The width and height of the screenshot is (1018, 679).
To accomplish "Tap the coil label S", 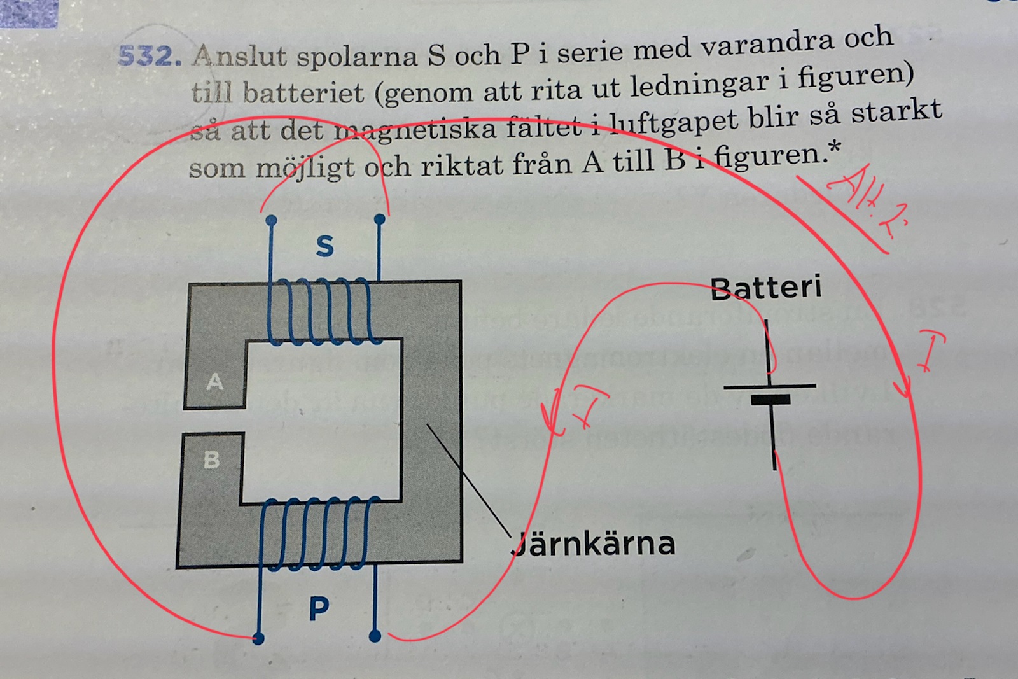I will pyautogui.click(x=324, y=246).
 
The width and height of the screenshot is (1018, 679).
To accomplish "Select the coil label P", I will pyautogui.click(x=319, y=609).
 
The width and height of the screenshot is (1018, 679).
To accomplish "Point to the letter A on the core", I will pyautogui.click(x=215, y=382).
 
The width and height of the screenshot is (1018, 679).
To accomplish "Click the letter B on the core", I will pyautogui.click(x=212, y=459).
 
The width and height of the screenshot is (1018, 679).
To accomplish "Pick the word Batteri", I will pyautogui.click(x=766, y=288).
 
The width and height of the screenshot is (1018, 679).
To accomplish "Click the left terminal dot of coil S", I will pyautogui.click(x=271, y=220).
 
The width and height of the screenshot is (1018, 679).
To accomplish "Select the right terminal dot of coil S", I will pyautogui.click(x=380, y=220).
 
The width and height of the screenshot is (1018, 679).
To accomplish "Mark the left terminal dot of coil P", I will pyautogui.click(x=258, y=638).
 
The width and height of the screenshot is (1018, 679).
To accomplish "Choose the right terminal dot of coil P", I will pyautogui.click(x=375, y=635).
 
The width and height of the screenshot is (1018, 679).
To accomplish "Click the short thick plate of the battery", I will pyautogui.click(x=770, y=400).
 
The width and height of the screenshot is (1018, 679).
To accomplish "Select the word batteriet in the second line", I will pyautogui.click(x=303, y=93).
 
